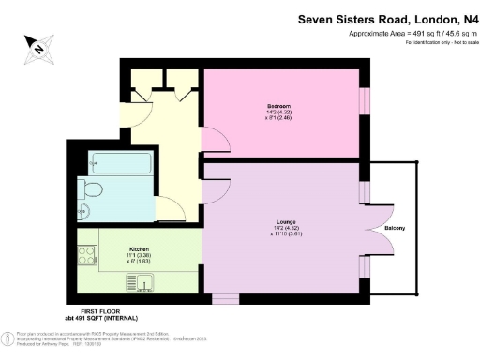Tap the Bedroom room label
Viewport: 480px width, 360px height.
[278, 106]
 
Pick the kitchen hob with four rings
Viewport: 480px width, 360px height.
[90, 256]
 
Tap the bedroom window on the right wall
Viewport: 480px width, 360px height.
[363, 101]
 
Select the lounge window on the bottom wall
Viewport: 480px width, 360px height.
[225, 299]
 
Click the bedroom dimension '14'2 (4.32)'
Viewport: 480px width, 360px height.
[278, 113]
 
